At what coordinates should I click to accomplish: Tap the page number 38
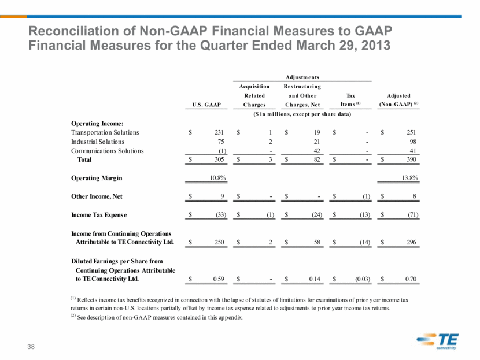pyautogui.click(x=31, y=347)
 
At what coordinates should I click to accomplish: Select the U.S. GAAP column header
pyautogui.click(x=206, y=105)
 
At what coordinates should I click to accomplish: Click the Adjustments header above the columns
pyautogui.click(x=302, y=77)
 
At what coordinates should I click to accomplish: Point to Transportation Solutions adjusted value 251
pyautogui.click(x=411, y=132)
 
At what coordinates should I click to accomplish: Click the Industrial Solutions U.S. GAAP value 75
pyautogui.click(x=221, y=142)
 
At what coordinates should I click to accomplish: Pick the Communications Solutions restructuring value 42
pyautogui.click(x=317, y=151)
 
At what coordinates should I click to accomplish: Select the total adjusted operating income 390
pyautogui.click(x=411, y=159)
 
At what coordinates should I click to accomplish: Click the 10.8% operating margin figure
pyautogui.click(x=218, y=178)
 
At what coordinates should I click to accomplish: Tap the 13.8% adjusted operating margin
pyautogui.click(x=410, y=178)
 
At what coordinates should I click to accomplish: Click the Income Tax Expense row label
pyautogui.click(x=99, y=215)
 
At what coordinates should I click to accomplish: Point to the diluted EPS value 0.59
pyautogui.click(x=219, y=279)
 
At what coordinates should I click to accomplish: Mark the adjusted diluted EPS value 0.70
pyautogui.click(x=411, y=279)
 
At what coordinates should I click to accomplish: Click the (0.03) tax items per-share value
pyautogui.click(x=363, y=279)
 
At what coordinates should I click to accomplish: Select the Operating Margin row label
pyautogui.click(x=97, y=178)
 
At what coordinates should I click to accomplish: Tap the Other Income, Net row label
pyautogui.click(x=97, y=196)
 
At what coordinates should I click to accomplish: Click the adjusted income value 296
pyautogui.click(x=411, y=242)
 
